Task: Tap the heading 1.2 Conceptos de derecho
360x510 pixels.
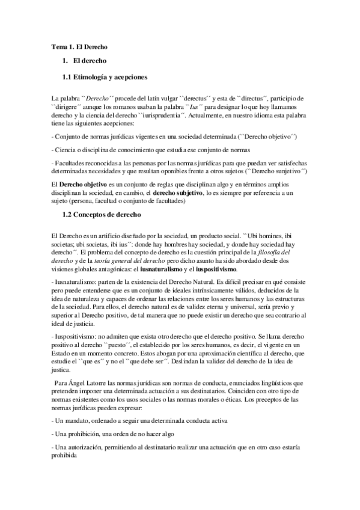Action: point(102,215)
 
